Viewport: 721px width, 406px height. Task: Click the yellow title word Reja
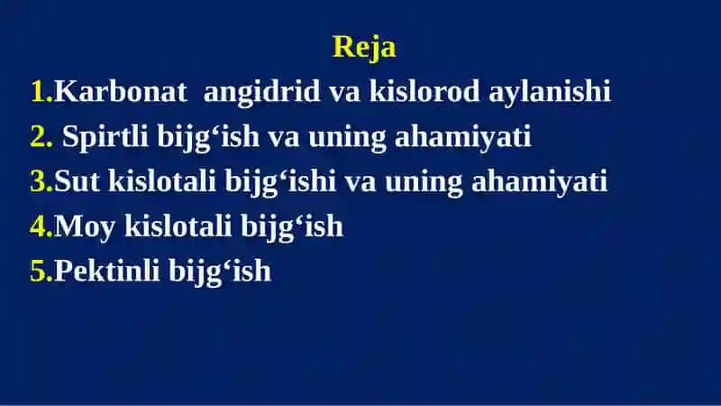pos(364,48)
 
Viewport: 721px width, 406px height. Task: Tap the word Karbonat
pos(121,91)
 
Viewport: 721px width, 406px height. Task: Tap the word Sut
pos(77,180)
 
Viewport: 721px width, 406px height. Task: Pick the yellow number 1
pos(41,91)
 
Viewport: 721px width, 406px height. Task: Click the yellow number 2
pos(41,136)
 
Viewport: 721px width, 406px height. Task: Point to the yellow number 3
pos(41,181)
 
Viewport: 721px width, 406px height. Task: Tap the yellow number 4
pos(41,226)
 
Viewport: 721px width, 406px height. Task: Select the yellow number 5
pos(41,271)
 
